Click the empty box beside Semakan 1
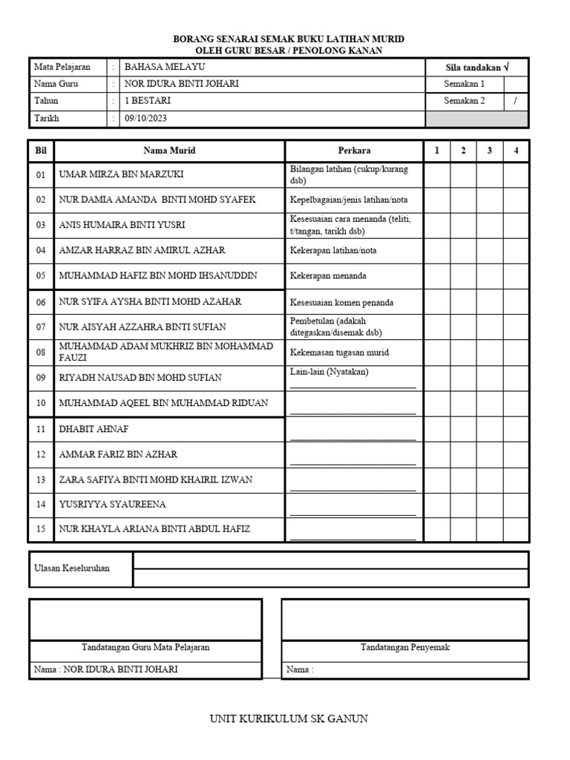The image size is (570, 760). tap(516, 84)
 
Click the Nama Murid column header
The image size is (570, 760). tap(169, 151)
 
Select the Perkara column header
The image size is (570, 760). tap(354, 151)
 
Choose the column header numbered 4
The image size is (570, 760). tap(516, 151)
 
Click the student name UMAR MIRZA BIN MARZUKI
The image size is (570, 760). tap(121, 175)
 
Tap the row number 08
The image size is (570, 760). tap(41, 352)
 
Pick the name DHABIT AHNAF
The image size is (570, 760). tap(88, 429)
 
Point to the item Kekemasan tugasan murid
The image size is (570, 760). tap(340, 353)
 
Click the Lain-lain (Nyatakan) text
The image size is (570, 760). tap(329, 372)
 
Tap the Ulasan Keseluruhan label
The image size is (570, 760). tap(72, 569)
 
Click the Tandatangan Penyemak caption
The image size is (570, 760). tap(405, 647)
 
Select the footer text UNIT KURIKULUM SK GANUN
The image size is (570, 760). tap(289, 718)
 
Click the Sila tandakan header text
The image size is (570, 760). tap(476, 67)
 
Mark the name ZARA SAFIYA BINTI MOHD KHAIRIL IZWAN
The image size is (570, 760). tap(156, 479)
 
